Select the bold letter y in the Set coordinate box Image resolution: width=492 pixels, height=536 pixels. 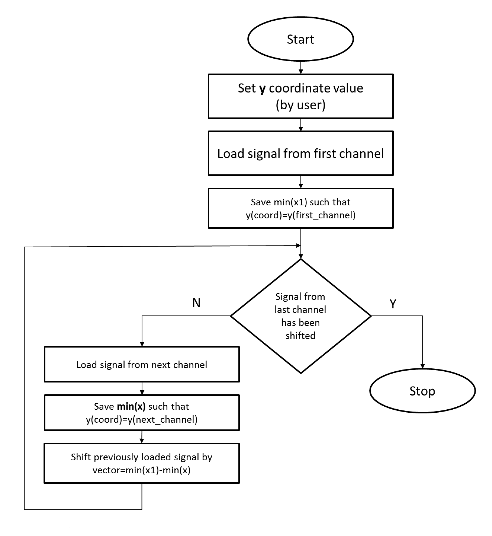click(262, 89)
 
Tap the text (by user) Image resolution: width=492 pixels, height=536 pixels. click(300, 105)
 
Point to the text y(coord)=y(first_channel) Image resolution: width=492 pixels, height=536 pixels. click(300, 215)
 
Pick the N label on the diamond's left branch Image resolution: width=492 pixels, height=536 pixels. click(196, 303)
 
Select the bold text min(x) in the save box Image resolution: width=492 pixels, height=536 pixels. click(131, 407)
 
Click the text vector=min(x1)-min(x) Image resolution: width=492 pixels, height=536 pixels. click(142, 470)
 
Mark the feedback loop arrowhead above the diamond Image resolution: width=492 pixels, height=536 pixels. click(298, 245)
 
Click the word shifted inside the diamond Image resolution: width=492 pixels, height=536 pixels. click(300, 336)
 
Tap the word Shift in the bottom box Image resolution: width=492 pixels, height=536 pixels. click(81, 457)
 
